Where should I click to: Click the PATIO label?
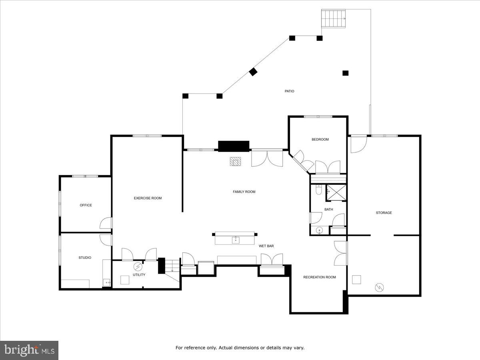[289, 91]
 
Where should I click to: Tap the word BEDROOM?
[320, 140]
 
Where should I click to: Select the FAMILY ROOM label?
[244, 192]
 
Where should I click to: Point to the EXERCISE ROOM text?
[148, 198]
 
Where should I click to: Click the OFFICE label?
[86, 205]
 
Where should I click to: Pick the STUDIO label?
[84, 258]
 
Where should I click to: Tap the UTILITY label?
[139, 275]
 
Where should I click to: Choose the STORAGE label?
[384, 213]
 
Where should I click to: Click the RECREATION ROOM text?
[319, 277]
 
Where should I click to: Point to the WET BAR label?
[266, 246]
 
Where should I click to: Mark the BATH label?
[328, 209]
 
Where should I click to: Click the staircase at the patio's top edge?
[333, 19]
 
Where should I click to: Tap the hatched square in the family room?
[236, 161]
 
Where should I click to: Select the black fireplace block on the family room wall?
[234, 146]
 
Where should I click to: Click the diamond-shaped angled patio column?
[253, 72]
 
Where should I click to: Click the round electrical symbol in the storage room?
[379, 287]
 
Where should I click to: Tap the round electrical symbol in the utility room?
[138, 266]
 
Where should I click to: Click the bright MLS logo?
[29, 350]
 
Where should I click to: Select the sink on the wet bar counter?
[236, 240]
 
